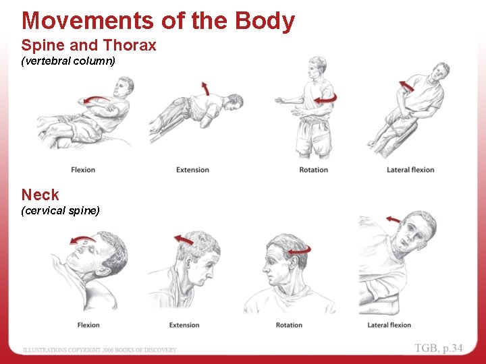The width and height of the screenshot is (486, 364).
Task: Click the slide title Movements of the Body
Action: pos(158,21)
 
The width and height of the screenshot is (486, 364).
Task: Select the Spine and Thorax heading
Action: pos(88,46)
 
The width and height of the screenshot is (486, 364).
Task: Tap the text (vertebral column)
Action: pos(68,61)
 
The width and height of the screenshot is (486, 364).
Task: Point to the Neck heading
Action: pos(40,195)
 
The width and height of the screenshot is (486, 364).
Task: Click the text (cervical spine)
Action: pos(60,211)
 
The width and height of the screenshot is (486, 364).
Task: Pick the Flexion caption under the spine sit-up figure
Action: pos(83,170)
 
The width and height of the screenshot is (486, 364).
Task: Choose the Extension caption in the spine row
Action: pos(192,170)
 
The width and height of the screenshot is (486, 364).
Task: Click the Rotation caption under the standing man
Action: pos(313,170)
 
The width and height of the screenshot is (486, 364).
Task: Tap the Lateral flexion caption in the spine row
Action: pos(410,170)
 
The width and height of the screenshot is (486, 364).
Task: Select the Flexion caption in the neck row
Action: pos(88,325)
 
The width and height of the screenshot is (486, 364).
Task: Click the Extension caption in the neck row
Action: pos(184,325)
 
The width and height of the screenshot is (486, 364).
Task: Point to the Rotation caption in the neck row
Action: pos(289,325)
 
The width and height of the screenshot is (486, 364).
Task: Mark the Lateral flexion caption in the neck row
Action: pos(389,325)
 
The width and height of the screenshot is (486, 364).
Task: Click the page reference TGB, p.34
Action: pos(439,348)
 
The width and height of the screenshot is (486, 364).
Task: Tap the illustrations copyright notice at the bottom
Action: pos(100,350)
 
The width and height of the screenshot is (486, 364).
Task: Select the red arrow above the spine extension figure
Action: pos(205,88)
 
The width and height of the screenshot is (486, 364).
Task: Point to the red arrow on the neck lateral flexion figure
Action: pos(392,219)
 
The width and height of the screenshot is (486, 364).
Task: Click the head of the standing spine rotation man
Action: pos(316,66)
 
